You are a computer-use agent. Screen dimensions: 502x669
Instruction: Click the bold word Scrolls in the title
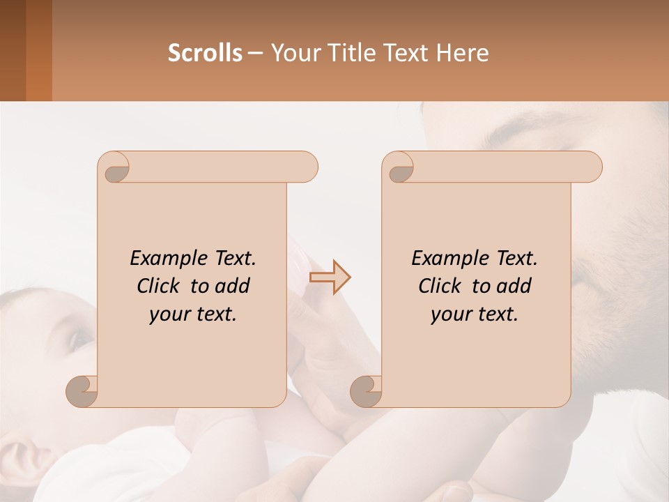[x=205, y=53]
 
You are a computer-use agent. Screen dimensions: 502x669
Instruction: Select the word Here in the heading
[x=462, y=53]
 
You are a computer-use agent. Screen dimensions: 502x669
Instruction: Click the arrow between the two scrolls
[x=330, y=277]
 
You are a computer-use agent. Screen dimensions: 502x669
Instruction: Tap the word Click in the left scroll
[x=159, y=287]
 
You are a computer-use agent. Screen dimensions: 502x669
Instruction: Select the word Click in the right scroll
[x=440, y=287]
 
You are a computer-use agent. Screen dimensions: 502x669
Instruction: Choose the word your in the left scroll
[x=169, y=315]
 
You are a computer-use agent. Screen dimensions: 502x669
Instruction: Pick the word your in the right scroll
[x=450, y=315]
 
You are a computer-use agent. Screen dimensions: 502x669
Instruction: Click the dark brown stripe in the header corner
[x=13, y=50]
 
